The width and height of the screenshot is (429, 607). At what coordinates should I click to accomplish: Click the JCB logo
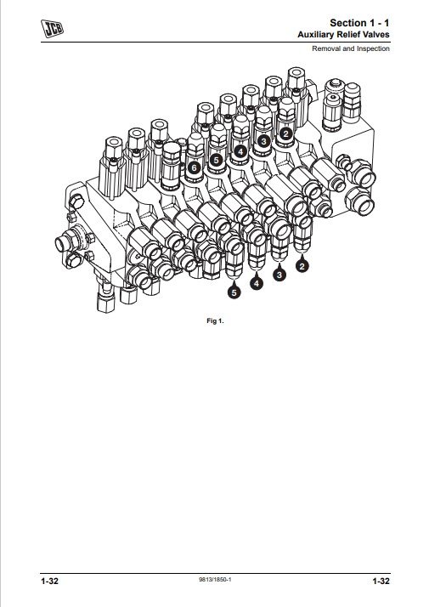click(52, 29)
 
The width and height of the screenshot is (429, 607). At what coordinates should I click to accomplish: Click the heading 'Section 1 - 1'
click(359, 23)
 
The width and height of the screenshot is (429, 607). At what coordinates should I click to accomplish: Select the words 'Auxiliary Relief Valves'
click(343, 35)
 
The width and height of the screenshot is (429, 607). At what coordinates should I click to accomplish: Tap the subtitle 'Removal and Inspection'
click(351, 48)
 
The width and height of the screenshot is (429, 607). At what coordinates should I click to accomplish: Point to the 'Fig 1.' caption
click(215, 321)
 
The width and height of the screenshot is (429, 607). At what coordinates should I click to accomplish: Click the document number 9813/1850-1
click(215, 580)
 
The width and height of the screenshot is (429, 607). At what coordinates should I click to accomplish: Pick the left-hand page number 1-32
click(49, 581)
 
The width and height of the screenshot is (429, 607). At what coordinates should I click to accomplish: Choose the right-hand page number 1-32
click(381, 581)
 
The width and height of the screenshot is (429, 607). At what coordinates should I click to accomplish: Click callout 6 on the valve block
click(194, 168)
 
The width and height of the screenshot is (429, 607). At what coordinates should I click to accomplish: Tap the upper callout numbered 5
click(216, 160)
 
